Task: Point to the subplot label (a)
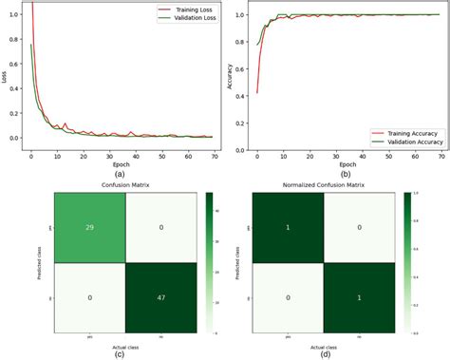tap(119, 173)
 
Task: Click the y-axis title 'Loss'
tap(5, 77)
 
